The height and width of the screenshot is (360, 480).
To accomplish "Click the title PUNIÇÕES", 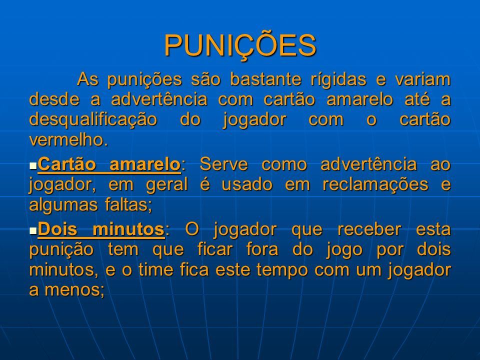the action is [x=240, y=46].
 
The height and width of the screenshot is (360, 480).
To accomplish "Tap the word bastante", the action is [x=265, y=79].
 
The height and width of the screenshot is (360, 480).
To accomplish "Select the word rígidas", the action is [x=338, y=80].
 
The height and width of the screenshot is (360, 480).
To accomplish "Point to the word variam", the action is [x=423, y=79].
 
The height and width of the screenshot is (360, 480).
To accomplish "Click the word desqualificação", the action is [x=93, y=120].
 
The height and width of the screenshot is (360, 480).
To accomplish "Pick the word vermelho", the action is [x=68, y=140].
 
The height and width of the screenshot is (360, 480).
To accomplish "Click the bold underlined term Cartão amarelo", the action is [x=109, y=164].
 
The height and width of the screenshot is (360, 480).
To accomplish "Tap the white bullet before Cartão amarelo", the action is [x=33, y=166].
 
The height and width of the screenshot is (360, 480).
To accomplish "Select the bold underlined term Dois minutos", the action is [x=101, y=229].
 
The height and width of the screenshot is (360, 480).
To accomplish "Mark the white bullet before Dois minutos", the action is [x=33, y=231].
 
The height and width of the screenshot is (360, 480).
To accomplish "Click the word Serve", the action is [x=224, y=164].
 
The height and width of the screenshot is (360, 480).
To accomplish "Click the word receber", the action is [x=369, y=229].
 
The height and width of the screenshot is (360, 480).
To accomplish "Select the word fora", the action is [x=262, y=249].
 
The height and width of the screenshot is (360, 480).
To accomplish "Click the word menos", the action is [x=74, y=290].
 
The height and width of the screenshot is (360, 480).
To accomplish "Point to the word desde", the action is [x=54, y=99].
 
